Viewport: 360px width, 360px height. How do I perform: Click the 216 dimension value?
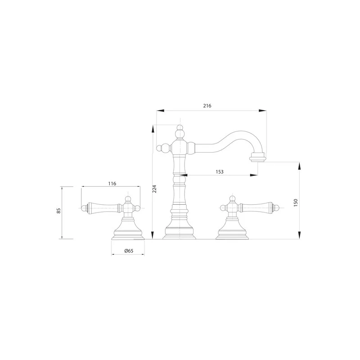click(x=207, y=106)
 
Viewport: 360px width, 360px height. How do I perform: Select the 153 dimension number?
click(x=220, y=172)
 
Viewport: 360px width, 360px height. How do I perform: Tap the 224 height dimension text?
click(x=154, y=189)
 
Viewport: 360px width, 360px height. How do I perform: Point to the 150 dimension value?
click(x=296, y=202)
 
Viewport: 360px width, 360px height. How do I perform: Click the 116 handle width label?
click(x=112, y=184)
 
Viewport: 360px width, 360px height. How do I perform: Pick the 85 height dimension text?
click(x=59, y=211)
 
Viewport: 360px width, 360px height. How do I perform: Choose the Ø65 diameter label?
click(x=129, y=251)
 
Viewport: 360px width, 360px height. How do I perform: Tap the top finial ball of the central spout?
click(x=180, y=128)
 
